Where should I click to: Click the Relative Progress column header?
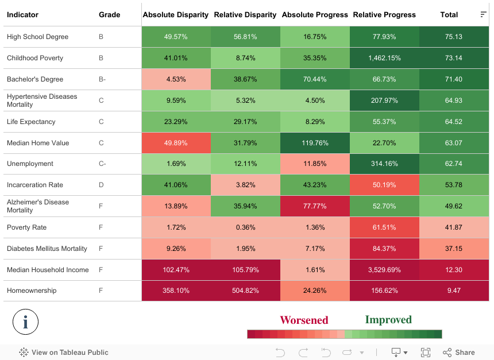[x=384, y=14]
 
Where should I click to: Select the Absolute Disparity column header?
[x=176, y=14]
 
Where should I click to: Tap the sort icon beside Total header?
[x=483, y=14]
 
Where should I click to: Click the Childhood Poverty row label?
[x=35, y=58]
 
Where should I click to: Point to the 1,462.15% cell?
[x=384, y=58]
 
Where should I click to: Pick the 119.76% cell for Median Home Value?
[x=315, y=143]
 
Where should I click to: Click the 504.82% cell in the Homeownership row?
[x=245, y=291]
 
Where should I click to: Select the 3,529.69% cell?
[x=384, y=270]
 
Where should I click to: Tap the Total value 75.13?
[x=454, y=37]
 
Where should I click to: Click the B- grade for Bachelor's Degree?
[x=102, y=79]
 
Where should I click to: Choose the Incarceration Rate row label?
[x=35, y=185]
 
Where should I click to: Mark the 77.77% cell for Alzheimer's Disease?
[x=315, y=206]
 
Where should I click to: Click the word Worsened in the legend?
[x=304, y=320]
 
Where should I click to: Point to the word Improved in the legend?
[x=388, y=320]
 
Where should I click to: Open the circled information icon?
[x=25, y=322]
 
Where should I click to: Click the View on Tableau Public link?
[x=64, y=353]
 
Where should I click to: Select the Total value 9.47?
[x=454, y=291]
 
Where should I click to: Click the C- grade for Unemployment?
[x=102, y=164]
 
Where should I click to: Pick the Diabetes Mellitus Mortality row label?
[x=47, y=249]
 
